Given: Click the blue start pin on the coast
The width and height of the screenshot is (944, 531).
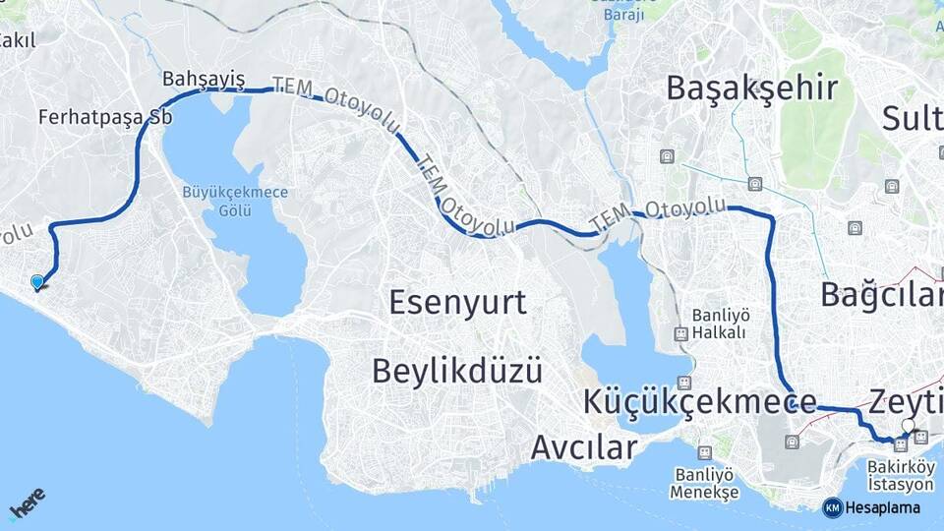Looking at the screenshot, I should click(37, 282).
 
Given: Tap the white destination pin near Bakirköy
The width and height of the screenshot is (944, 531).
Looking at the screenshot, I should click(909, 427).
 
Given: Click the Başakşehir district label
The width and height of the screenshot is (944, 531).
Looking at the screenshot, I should click(752, 88).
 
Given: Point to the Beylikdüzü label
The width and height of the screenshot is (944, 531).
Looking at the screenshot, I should click(457, 371).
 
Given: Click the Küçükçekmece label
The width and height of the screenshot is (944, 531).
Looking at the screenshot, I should click(699, 401).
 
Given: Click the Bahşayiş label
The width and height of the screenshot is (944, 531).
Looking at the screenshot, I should click(204, 79).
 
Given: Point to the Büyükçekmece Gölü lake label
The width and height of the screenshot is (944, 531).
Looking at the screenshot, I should click(236, 201).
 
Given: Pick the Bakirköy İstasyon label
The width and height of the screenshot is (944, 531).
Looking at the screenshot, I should click(901, 476).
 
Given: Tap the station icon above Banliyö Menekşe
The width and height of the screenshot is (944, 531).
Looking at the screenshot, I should click(704, 452).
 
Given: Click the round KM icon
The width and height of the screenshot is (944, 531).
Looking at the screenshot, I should click(833, 507).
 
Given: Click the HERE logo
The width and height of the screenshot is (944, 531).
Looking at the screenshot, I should click(27, 502).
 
